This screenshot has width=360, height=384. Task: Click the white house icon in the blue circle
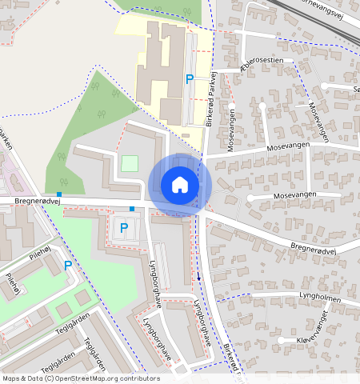pos(180,185)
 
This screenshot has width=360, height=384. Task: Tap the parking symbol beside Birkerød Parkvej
pos(190,78)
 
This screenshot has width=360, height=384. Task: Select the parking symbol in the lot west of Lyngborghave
pos(124,228)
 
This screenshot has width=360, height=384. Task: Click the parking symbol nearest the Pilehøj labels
pos(68,266)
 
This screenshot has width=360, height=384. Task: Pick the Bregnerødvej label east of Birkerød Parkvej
pos(311,250)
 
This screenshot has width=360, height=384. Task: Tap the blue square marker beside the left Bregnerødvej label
pos(58,194)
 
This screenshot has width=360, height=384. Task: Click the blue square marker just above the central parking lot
pos(132,208)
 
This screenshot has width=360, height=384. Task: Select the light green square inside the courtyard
pos(129,163)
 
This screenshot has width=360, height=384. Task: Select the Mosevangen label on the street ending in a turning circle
pos(295,194)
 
